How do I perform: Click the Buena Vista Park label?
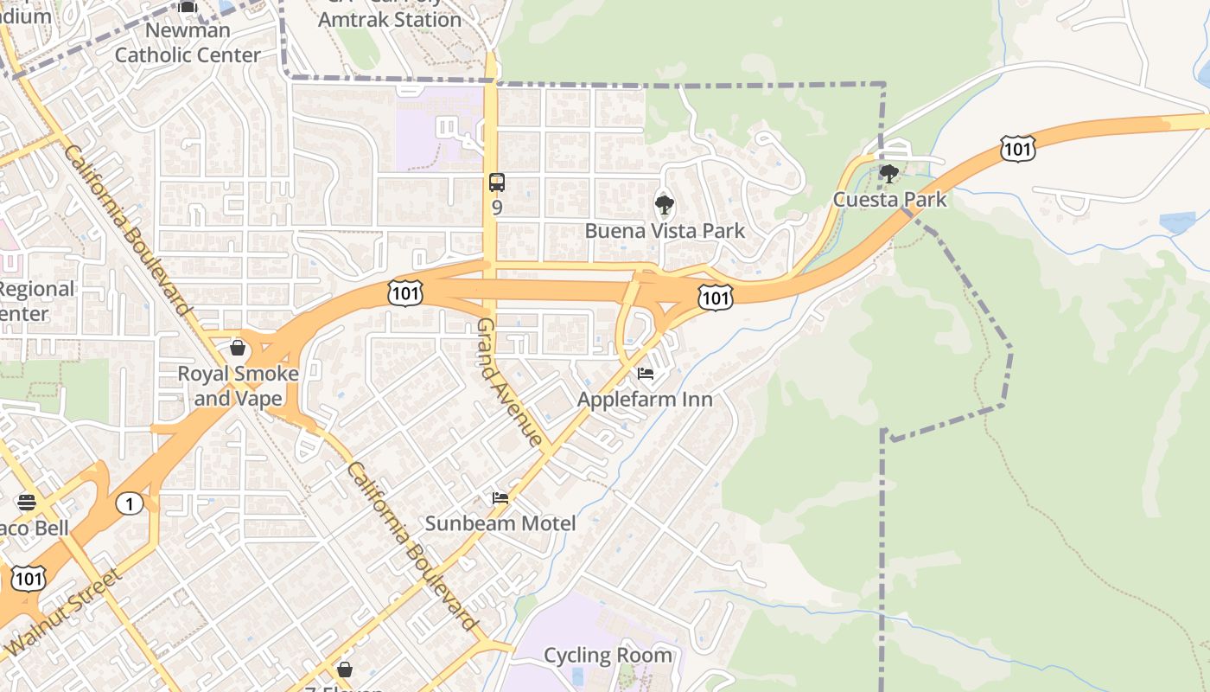[x=665, y=231]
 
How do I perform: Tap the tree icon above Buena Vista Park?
[x=665, y=206]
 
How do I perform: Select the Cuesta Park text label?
[x=889, y=200]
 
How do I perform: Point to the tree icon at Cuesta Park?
[x=888, y=174]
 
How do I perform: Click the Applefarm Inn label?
[x=645, y=399]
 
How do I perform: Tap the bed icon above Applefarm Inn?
[x=645, y=374]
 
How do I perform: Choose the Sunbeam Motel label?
[x=500, y=523]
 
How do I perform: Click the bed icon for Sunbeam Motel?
[x=500, y=498]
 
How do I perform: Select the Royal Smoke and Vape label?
[x=238, y=386]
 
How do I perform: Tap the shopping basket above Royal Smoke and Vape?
[x=238, y=348]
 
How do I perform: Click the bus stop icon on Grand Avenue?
[x=496, y=183]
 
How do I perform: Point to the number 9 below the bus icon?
[x=496, y=208]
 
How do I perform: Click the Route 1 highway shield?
[x=130, y=503]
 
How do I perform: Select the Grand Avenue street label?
[x=510, y=381]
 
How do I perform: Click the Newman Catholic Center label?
[x=188, y=42]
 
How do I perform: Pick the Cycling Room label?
[x=608, y=655]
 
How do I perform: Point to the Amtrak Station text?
[x=390, y=18]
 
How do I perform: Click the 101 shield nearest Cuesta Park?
[x=1018, y=149]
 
